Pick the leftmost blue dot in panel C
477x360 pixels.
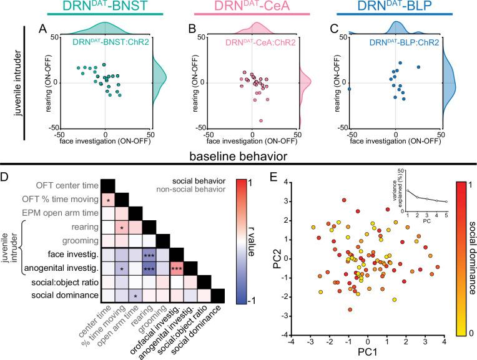coord(350,89)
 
